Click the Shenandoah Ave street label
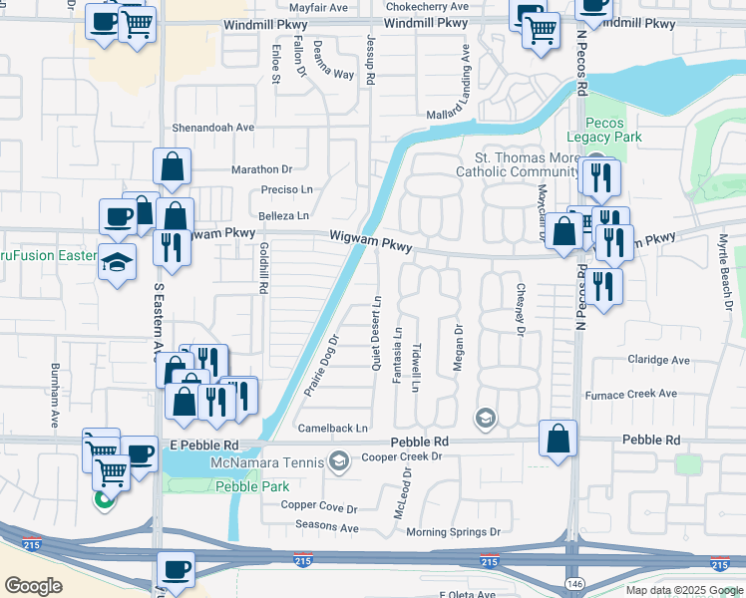point(213,128)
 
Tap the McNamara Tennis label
point(267,461)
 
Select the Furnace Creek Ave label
point(631,394)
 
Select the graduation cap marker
point(118,261)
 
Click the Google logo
point(33,586)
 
